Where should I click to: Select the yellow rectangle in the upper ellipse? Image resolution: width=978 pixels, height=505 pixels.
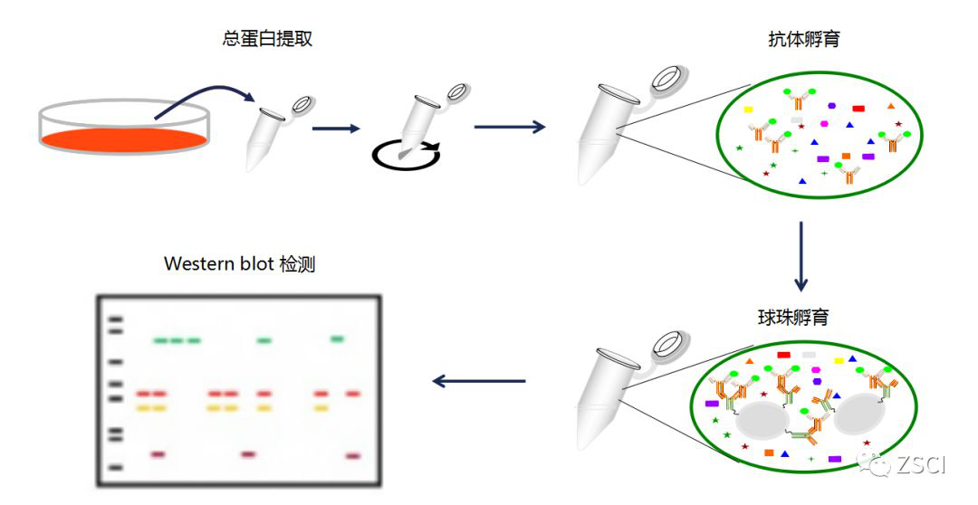point(749,110)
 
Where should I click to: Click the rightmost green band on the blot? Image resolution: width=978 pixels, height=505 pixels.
point(337,338)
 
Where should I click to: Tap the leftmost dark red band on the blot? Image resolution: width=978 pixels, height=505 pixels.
point(157,453)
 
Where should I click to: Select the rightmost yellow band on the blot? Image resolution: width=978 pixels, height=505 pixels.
point(321,408)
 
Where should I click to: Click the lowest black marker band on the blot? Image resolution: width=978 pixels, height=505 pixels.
point(116,467)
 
